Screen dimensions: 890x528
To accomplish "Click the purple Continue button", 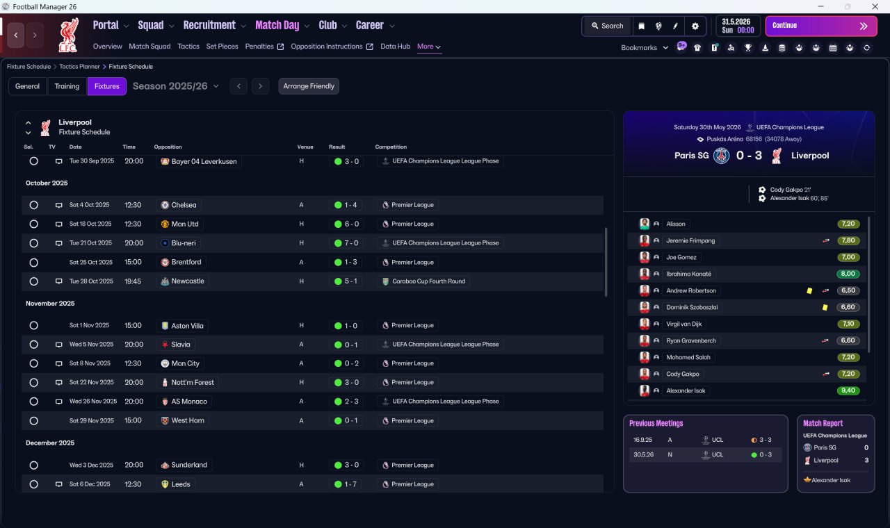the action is click(821, 26).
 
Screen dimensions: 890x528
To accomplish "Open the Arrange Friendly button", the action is click(309, 86).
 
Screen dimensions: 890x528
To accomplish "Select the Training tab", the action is click(67, 86).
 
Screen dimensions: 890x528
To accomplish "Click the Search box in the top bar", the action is click(608, 26).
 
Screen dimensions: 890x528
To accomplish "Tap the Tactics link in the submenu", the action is click(188, 47).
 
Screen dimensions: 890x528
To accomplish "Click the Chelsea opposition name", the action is click(184, 205).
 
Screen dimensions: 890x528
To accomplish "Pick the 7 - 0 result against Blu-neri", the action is click(346, 243).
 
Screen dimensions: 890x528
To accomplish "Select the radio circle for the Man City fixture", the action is click(34, 363).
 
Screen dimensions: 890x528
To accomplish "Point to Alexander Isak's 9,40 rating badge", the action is click(848, 390).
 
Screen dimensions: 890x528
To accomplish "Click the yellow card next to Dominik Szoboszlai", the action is click(825, 307).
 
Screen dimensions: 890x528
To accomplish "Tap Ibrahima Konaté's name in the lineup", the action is click(688, 274).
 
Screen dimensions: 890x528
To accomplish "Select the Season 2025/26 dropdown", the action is click(176, 86).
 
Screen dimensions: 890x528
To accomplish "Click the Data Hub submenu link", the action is click(395, 47).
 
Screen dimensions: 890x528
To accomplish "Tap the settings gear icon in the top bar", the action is click(695, 26).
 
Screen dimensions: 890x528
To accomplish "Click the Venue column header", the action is click(305, 147).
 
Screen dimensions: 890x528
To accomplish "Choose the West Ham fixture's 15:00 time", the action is click(133, 420).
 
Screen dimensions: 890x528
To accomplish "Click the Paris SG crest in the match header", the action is click(721, 156).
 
